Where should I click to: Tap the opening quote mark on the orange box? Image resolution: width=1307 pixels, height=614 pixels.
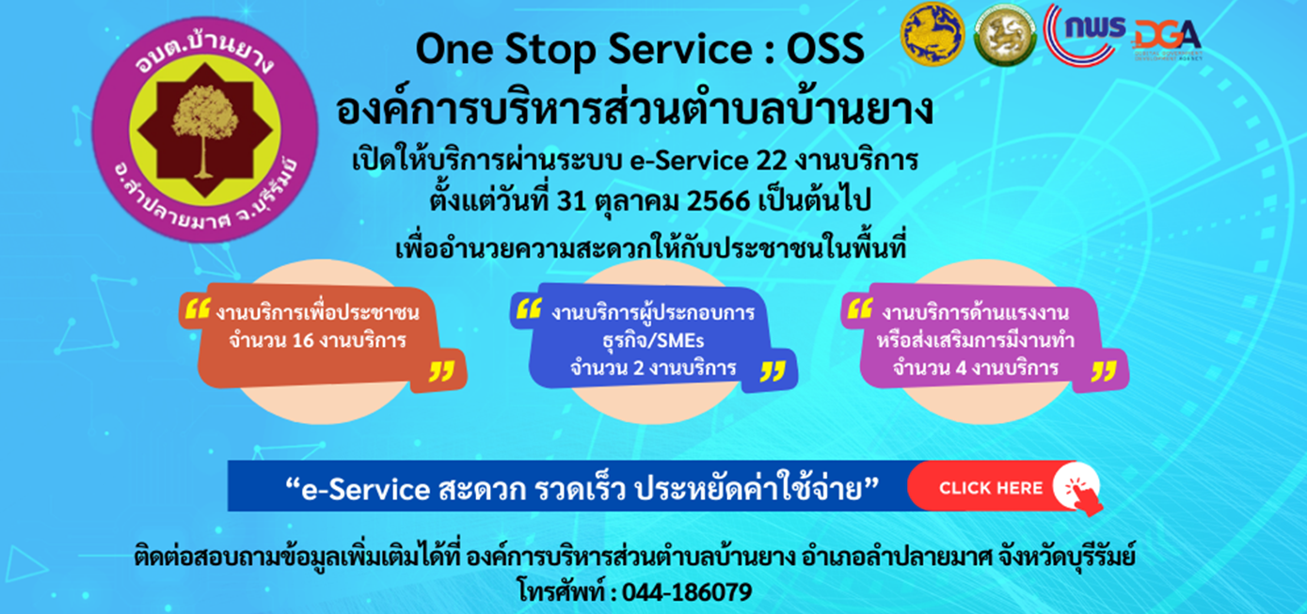coord(197,309)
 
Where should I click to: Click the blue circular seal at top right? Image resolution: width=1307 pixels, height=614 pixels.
coord(932,35)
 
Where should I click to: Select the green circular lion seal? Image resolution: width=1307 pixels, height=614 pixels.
coord(1004,36)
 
